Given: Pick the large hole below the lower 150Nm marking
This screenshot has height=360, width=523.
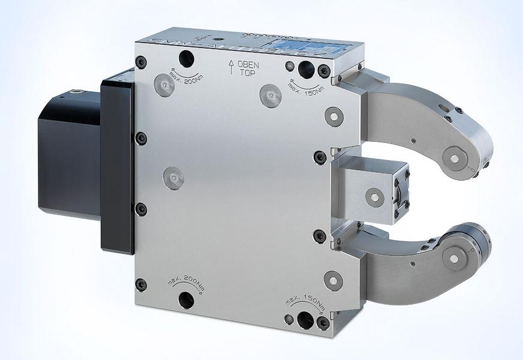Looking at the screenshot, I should (x=306, y=316).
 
